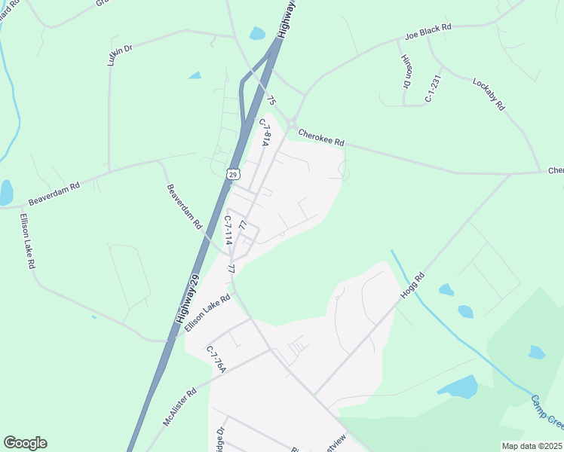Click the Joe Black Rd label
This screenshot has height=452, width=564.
point(428,32)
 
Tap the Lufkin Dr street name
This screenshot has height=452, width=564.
point(120,54)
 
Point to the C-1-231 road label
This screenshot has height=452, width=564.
point(431,87)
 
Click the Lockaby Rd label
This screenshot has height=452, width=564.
point(488,94)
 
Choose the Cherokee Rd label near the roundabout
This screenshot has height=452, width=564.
point(321,137)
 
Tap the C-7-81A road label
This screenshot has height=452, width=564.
point(265,132)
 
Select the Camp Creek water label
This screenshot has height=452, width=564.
point(546,411)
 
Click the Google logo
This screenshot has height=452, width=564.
point(25,443)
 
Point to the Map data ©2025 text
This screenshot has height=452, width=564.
point(531,446)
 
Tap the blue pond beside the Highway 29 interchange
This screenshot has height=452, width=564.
point(257,33)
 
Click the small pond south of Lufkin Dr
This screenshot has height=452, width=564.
point(195,75)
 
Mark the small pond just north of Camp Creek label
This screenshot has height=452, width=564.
point(536,352)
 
